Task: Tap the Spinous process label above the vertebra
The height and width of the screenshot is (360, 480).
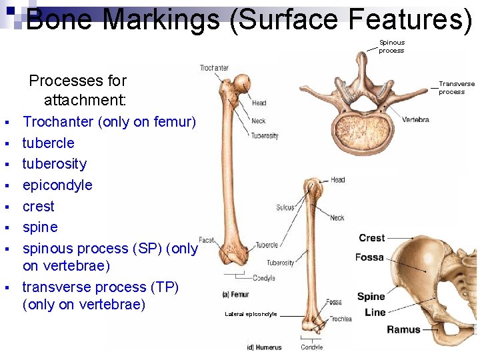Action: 391,46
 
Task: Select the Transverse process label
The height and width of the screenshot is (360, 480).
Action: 456,88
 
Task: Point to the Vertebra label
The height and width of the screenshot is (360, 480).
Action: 415,120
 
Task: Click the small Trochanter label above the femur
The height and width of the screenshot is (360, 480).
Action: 213,68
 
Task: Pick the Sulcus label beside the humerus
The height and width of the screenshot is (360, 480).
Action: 285,208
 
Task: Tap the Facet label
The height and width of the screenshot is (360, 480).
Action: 207,240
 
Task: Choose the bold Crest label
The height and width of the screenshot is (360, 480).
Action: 371,238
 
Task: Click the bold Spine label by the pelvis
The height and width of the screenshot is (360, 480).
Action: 371,297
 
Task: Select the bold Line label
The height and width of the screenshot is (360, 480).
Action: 375,312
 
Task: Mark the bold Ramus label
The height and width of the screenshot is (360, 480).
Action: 403,329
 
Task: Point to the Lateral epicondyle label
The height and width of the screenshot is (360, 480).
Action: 251,314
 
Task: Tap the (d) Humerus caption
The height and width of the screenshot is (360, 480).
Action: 264,347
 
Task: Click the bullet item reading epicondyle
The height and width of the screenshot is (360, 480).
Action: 57,185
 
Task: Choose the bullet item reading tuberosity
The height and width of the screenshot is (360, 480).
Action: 54,164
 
